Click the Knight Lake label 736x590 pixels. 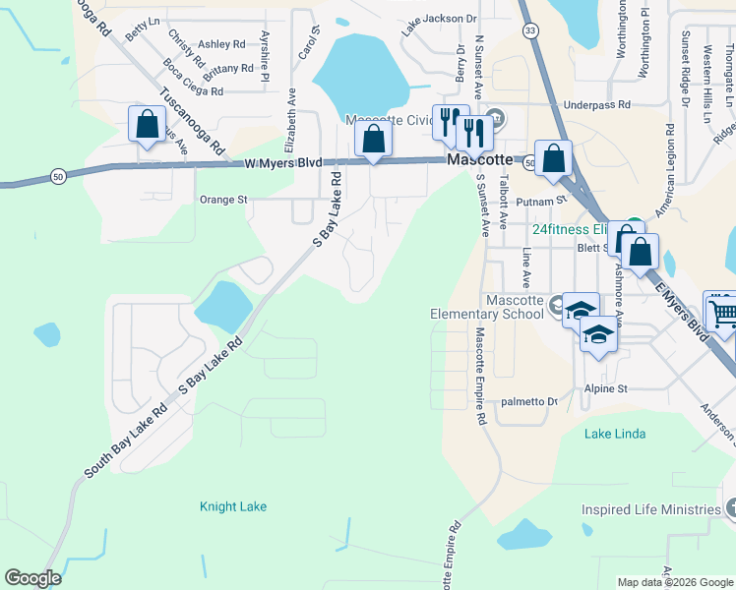[233, 506]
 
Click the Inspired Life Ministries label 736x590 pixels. [651, 509]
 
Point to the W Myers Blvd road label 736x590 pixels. [283, 163]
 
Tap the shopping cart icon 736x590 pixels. [721, 312]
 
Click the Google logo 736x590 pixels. [32, 578]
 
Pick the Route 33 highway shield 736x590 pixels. [531, 30]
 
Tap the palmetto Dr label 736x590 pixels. [529, 401]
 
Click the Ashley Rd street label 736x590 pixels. [221, 44]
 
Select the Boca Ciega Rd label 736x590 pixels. [194, 78]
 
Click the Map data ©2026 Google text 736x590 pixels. [675, 582]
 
